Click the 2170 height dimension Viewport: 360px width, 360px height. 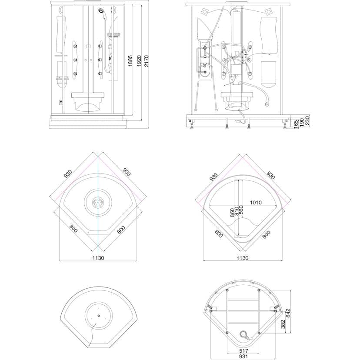(147, 61)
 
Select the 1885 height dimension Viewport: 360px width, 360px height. (130, 61)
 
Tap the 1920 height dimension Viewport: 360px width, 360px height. (139, 61)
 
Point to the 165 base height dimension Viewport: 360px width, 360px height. (296, 123)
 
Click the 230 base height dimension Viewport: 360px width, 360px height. (307, 120)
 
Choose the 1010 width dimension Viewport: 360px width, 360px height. (256, 203)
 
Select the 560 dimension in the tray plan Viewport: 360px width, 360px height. (241, 210)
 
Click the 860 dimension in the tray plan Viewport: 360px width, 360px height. (232, 212)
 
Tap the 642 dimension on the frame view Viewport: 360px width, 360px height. (288, 313)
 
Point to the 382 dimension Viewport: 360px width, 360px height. (283, 324)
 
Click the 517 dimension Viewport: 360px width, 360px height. (243, 351)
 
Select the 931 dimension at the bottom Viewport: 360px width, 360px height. (243, 357)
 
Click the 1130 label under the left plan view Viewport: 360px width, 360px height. (98, 258)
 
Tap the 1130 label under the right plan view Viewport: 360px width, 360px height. (243, 258)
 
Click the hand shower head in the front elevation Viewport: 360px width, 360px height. (101, 11)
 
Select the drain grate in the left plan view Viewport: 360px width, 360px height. (98, 203)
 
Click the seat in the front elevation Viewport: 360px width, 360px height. (88, 102)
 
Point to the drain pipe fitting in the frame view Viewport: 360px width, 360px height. (244, 335)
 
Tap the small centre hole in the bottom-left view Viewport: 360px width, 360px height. (99, 316)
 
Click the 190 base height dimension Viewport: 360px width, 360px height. (302, 122)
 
